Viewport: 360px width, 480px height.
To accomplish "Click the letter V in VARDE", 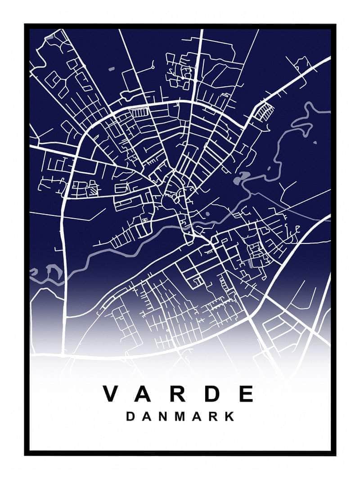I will (x=112, y=394).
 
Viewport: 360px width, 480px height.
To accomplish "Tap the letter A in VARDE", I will (x=147, y=394).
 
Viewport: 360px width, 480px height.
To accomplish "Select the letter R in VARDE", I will (x=181, y=394).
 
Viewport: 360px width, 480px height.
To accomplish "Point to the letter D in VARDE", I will (x=215, y=394).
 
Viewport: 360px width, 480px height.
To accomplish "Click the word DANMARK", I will (x=180, y=416).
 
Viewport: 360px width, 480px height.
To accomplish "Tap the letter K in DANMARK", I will (x=230, y=416).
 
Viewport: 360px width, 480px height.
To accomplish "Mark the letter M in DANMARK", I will (x=180, y=416).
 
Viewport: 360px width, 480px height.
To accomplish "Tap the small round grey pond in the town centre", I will (x=207, y=215).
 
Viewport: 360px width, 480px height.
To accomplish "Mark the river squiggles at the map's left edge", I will (x=47, y=271).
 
